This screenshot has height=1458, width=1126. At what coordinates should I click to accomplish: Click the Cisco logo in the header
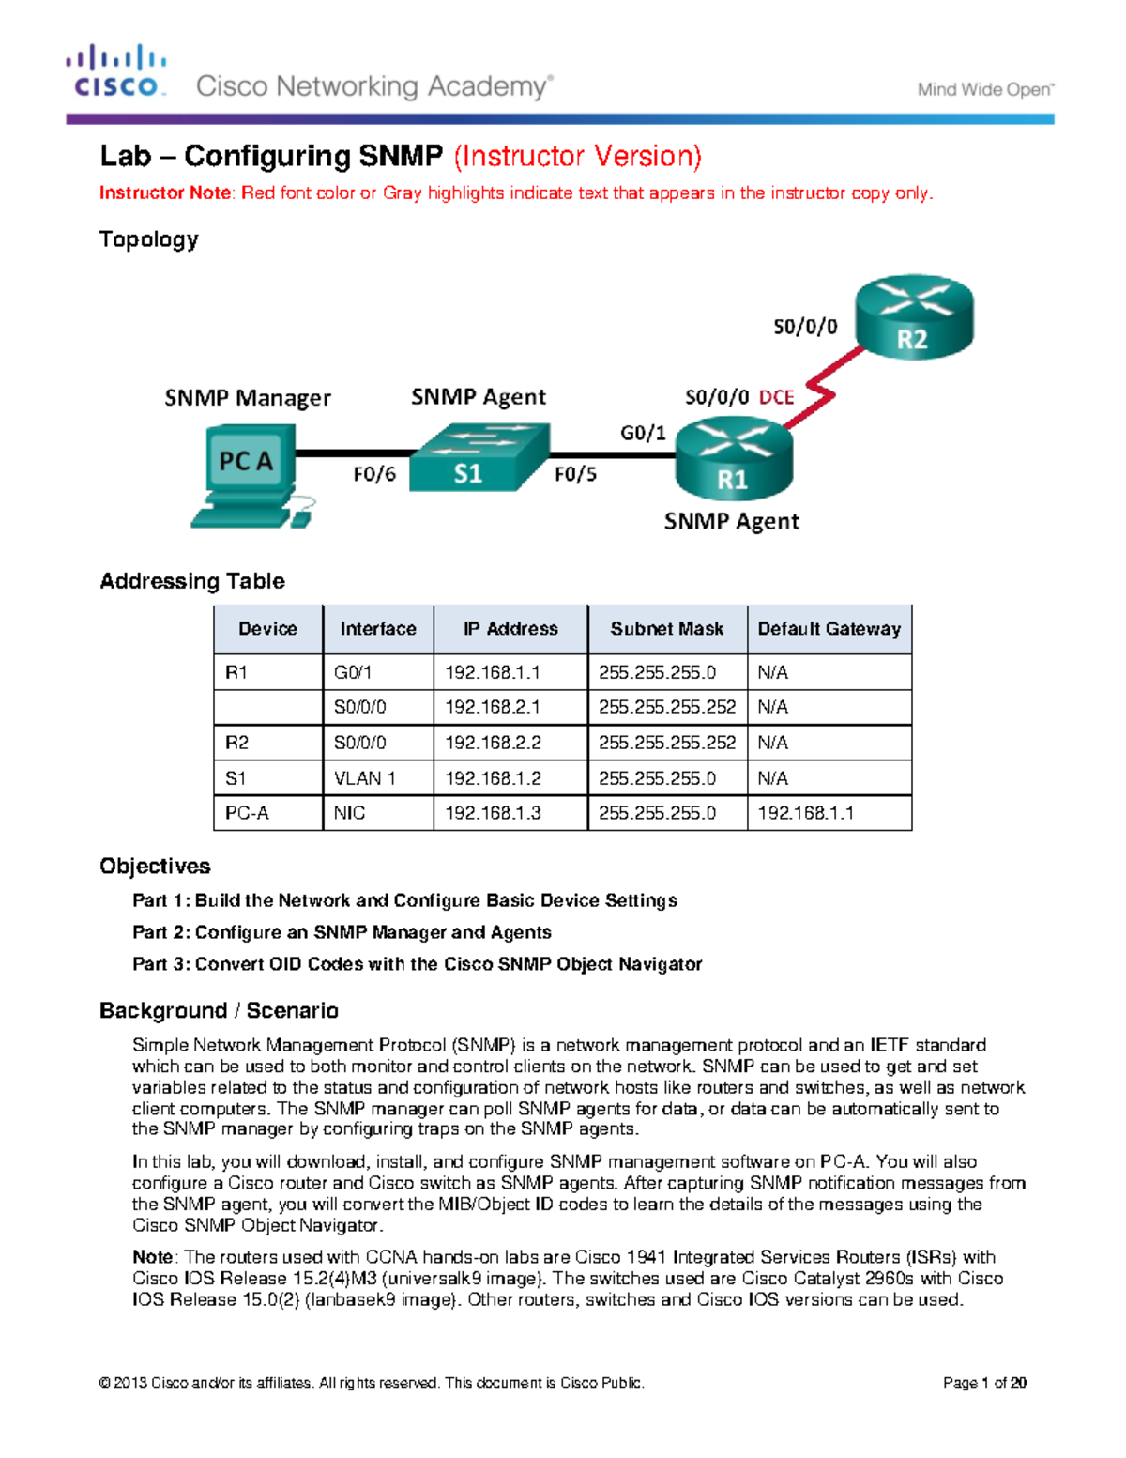point(116,71)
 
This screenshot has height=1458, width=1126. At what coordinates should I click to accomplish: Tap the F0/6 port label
point(374,475)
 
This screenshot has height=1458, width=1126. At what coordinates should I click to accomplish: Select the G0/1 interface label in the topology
point(643,433)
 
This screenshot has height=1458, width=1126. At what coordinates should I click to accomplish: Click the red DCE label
point(777,397)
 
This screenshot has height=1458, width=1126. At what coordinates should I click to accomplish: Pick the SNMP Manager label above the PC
point(248,398)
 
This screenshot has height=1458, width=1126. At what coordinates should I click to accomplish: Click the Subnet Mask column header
point(666,629)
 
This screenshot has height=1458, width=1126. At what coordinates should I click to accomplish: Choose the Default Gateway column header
point(829,629)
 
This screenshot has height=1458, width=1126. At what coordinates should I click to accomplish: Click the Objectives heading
point(155,866)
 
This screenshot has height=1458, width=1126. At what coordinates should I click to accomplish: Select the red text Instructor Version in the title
point(577,156)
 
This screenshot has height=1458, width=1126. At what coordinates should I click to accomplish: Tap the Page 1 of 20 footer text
point(984,1383)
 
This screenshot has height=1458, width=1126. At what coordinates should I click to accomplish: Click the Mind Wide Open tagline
point(985,90)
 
